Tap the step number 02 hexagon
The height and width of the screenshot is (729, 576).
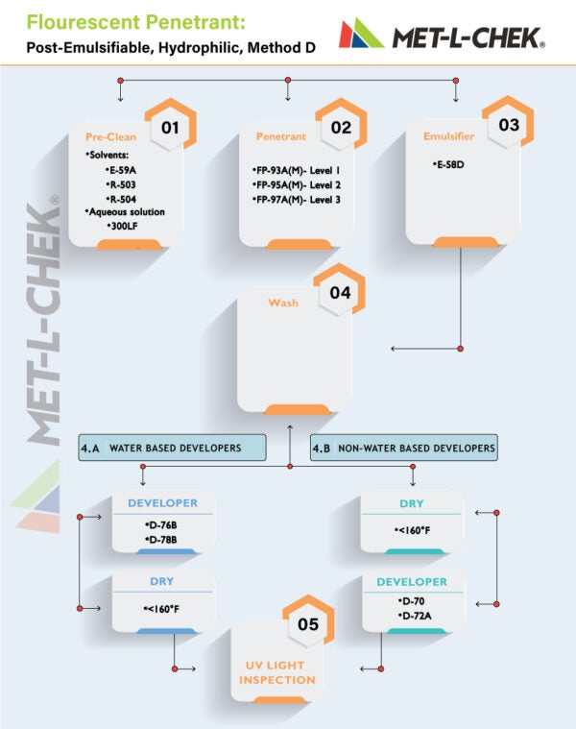coord(341,126)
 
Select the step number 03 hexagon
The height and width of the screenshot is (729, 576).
coord(509,125)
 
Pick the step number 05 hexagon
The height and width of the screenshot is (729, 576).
coord(308,624)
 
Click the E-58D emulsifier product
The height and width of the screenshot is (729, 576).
coord(448,165)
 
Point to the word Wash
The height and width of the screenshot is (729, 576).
coord(282,304)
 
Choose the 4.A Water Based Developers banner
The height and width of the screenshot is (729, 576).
coord(173,448)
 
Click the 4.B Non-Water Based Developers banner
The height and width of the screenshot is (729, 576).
coord(405,448)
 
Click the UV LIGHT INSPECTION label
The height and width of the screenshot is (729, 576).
coord(278,672)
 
